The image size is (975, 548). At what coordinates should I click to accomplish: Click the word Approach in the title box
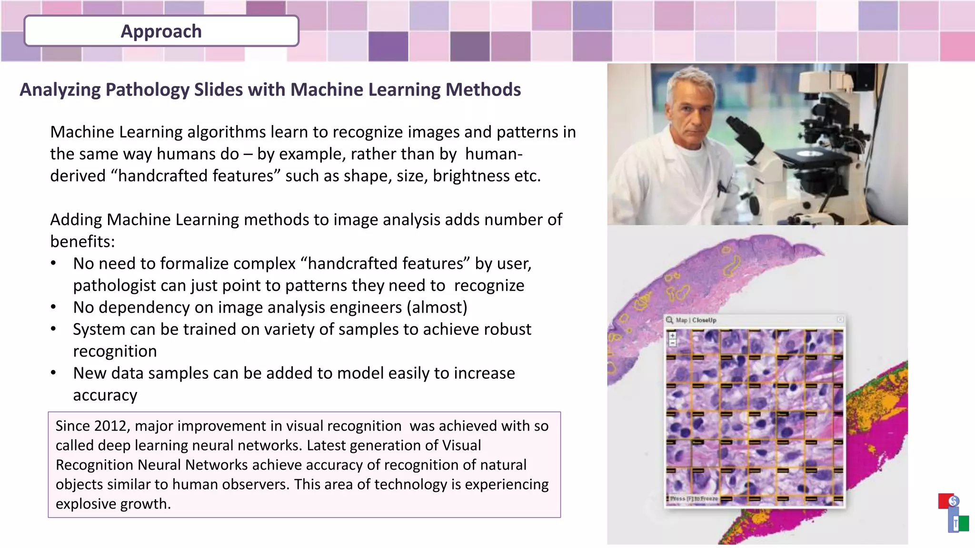click(161, 31)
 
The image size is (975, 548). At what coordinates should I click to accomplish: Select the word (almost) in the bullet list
click(437, 307)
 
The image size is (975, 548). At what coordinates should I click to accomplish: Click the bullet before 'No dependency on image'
click(54, 308)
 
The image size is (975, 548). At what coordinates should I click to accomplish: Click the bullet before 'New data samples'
click(54, 373)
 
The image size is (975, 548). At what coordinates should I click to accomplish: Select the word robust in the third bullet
click(507, 329)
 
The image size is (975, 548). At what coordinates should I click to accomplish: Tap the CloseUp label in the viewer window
click(704, 320)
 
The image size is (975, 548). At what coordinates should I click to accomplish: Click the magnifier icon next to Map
click(670, 320)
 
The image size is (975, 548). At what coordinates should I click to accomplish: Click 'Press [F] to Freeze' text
click(694, 499)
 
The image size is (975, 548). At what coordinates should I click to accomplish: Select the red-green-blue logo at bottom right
click(953, 513)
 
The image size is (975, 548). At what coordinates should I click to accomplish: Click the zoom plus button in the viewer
click(673, 335)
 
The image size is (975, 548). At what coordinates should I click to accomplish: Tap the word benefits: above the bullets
click(82, 242)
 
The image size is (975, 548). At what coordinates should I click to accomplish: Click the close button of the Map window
click(840, 320)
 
